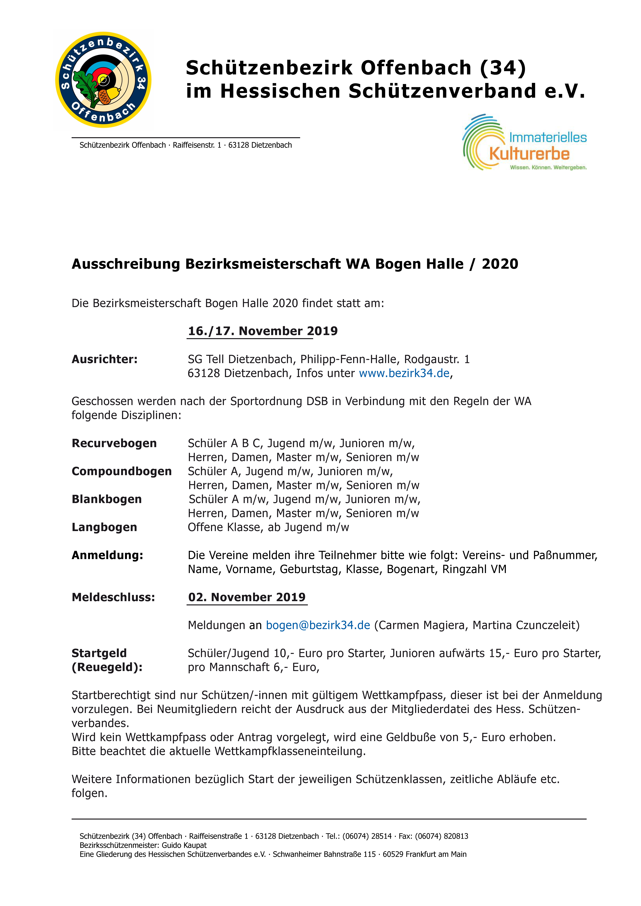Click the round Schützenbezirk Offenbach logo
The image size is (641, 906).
pos(103,80)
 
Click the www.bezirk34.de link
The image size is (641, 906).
pos(404,373)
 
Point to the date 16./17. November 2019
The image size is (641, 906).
pos(262,331)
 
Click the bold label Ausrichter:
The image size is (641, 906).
pos(105,360)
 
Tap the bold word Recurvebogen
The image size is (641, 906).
pos(114,444)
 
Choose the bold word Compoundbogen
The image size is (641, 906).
pos(122,472)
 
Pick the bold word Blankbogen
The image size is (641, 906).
pos(107,500)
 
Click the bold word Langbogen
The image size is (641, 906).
pos(104,528)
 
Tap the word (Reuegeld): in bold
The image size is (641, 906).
pos(107,667)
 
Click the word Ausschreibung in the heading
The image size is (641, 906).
pos(126,264)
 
